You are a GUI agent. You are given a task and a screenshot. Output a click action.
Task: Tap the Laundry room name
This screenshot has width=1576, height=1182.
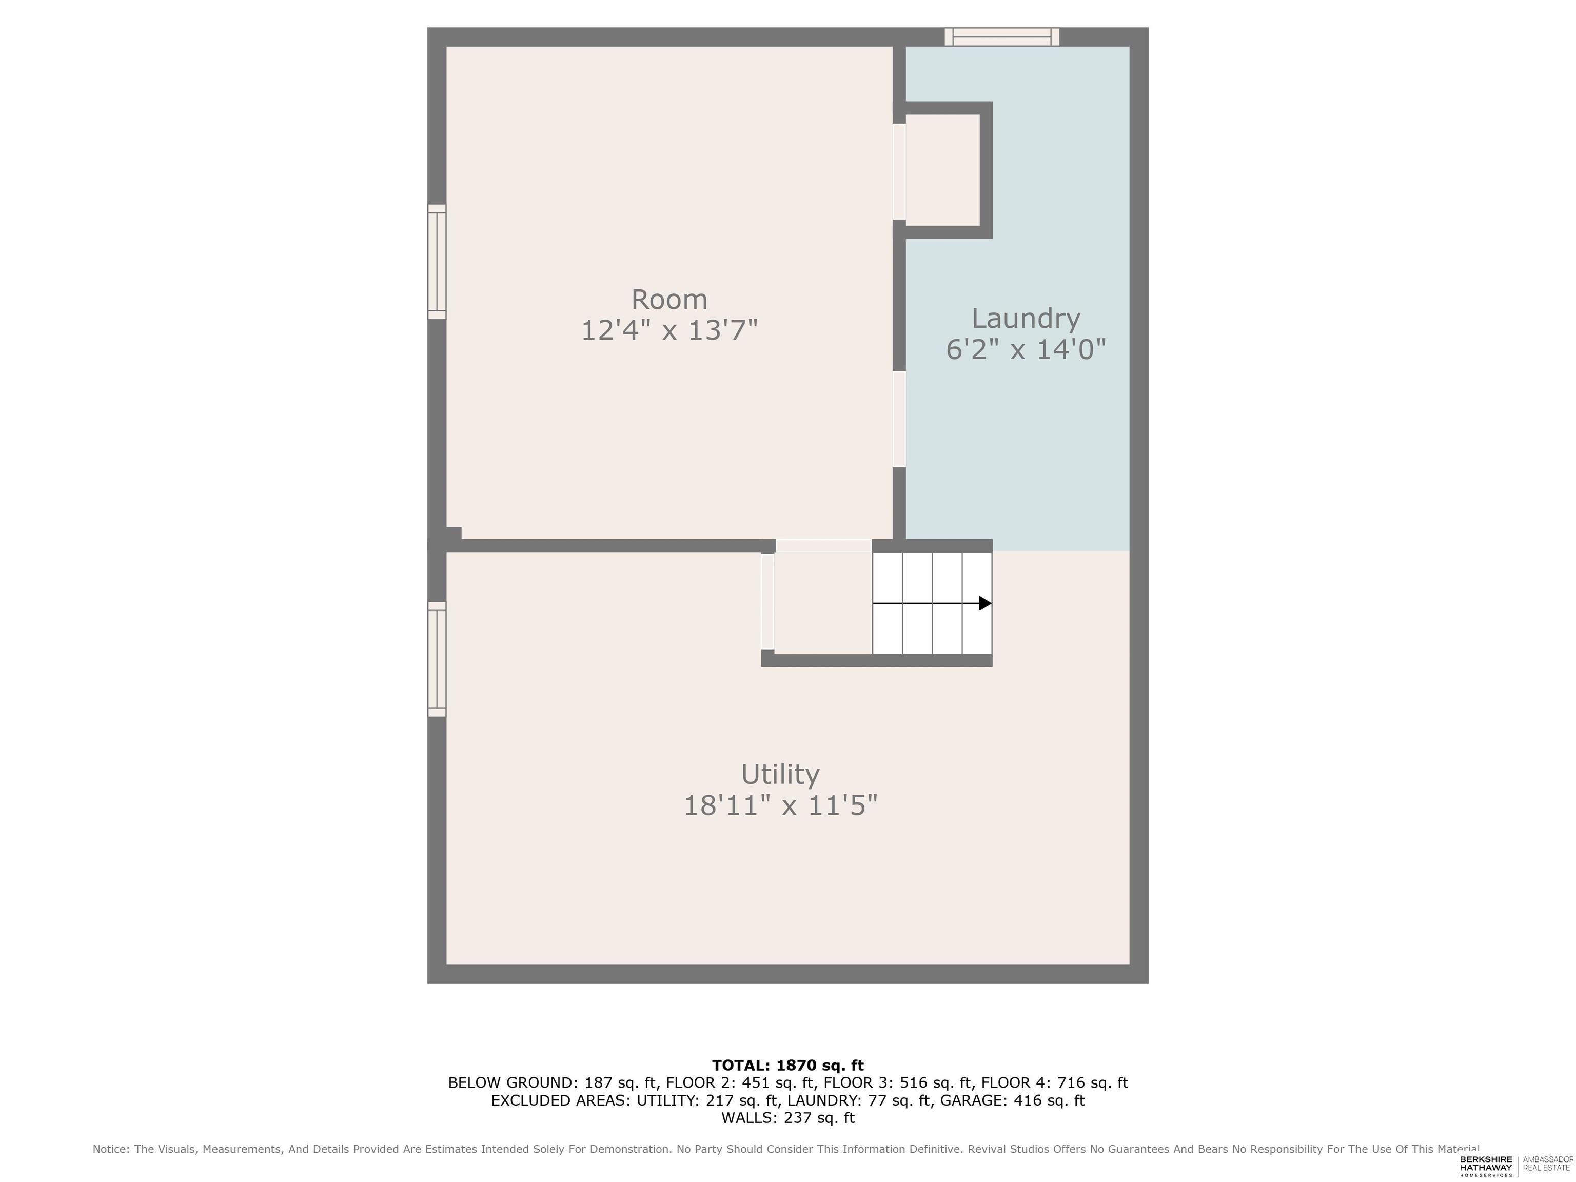(1026, 319)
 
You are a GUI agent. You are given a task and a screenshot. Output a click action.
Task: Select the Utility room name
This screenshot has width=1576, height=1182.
(780, 775)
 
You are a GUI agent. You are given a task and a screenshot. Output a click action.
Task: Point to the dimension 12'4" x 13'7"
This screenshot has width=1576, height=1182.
(669, 330)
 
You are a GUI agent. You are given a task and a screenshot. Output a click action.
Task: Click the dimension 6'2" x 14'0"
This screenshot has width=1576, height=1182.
(1026, 350)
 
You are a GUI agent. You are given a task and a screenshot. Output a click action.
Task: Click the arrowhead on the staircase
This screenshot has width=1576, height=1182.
(986, 603)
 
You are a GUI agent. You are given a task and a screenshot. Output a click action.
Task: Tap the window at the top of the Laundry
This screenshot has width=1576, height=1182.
(1002, 37)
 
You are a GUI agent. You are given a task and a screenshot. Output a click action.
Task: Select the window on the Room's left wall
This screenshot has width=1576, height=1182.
(437, 262)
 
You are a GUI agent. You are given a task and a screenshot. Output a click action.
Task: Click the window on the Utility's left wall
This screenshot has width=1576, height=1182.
(437, 659)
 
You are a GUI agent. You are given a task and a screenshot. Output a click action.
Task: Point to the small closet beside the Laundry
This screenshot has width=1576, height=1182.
(942, 170)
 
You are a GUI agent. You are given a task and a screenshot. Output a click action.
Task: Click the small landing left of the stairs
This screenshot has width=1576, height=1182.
(823, 602)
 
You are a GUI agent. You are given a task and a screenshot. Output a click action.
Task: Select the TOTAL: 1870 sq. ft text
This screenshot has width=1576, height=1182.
(788, 1065)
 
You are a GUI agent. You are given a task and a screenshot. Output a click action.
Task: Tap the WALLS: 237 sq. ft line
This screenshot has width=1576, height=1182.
(788, 1118)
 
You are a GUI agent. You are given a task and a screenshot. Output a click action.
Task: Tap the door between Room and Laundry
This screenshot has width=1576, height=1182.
(899, 419)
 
